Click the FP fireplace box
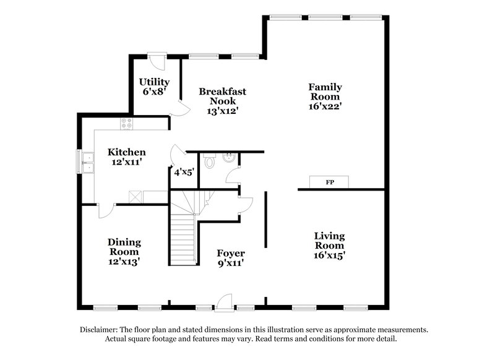click(x=329, y=182)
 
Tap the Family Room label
click(x=325, y=92)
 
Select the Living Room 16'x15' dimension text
click(x=329, y=255)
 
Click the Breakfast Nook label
click(x=222, y=96)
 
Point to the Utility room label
click(x=154, y=82)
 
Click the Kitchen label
click(x=127, y=152)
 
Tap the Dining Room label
click(x=124, y=247)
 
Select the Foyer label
click(x=230, y=254)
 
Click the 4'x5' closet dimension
click(x=184, y=173)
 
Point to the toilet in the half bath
click(x=210, y=162)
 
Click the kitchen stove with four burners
click(x=126, y=123)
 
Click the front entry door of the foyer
click(x=223, y=302)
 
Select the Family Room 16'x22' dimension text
click(x=325, y=106)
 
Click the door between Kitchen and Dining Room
click(x=105, y=210)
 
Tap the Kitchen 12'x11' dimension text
click(x=127, y=163)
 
